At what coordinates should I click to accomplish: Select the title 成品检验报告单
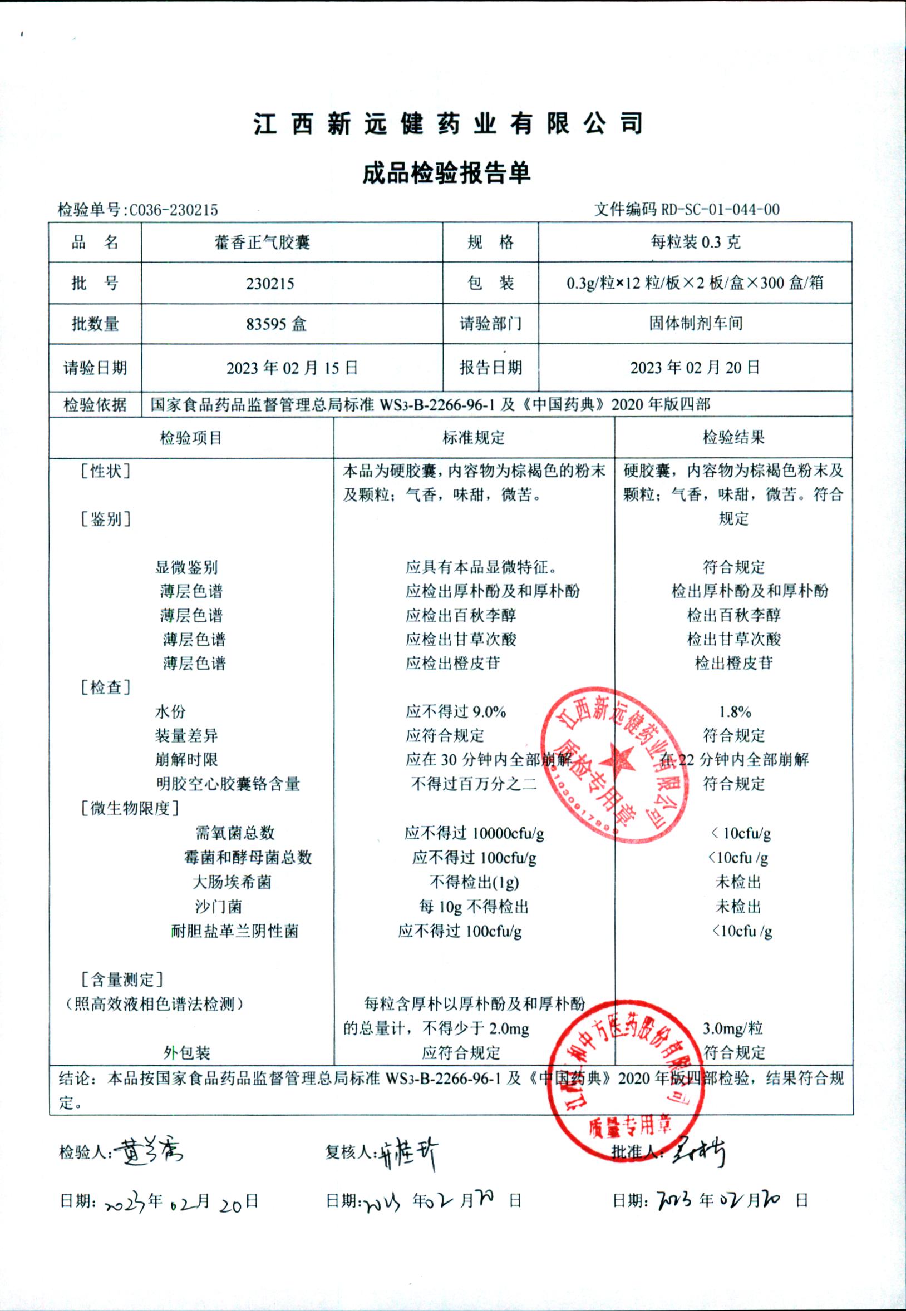[x=447, y=173]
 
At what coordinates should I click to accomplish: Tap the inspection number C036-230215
[x=174, y=210]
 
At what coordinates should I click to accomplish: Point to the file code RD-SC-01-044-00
[x=720, y=210]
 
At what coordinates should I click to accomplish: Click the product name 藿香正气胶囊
[x=262, y=243]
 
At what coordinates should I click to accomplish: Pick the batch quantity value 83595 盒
[x=277, y=324]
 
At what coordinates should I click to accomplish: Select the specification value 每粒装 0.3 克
[x=696, y=243]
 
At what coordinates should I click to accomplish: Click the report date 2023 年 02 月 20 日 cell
[x=695, y=368]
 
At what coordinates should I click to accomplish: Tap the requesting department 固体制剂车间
[x=696, y=323]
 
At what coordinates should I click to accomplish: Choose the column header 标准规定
[x=474, y=437]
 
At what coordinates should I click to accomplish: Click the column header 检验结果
[x=733, y=437]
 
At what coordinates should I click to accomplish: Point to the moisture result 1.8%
[x=735, y=711]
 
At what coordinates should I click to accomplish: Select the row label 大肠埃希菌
[x=232, y=882]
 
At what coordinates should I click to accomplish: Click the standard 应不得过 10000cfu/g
[x=474, y=833]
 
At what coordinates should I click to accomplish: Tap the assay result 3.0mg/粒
[x=733, y=1028]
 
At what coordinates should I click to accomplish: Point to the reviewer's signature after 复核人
[x=407, y=1151]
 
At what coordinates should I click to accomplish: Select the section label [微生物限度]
[x=130, y=808]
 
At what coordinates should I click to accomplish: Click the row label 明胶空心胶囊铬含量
[x=228, y=784]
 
